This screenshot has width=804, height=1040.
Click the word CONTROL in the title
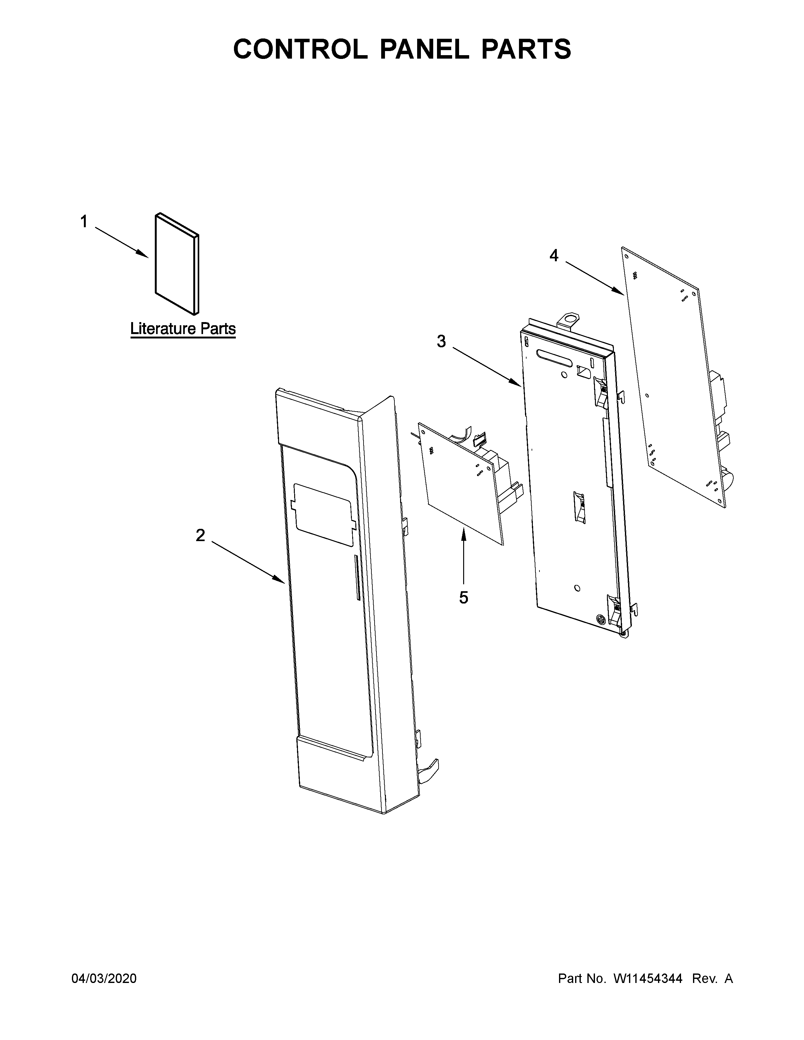click(x=300, y=49)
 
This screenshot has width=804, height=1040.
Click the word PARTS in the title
click(x=526, y=49)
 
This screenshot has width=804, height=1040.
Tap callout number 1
click(x=84, y=222)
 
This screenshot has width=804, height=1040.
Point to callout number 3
click(x=441, y=341)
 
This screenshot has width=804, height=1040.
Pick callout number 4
click(x=553, y=256)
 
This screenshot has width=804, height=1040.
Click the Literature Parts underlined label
click(x=183, y=329)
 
